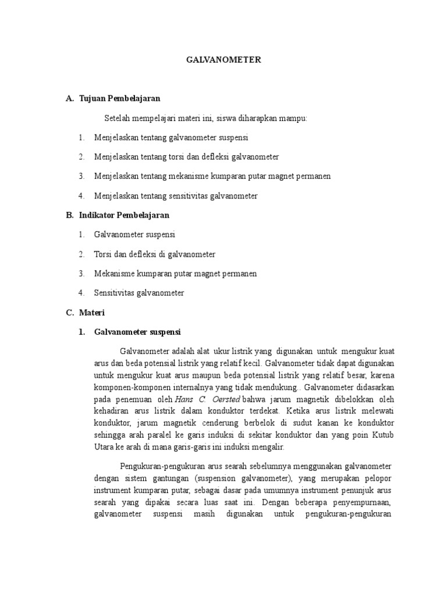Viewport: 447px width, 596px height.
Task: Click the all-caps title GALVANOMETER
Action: pyautogui.click(x=223, y=60)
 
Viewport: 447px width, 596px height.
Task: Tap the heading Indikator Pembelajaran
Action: pyautogui.click(x=124, y=215)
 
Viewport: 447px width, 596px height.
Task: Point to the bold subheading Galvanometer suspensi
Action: pyautogui.click(x=137, y=332)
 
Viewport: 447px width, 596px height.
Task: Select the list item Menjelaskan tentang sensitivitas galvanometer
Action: pyautogui.click(x=176, y=196)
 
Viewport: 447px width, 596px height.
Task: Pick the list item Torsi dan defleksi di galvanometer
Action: pyautogui.click(x=155, y=254)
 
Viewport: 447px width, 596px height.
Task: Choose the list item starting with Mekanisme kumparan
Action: pyautogui.click(x=176, y=274)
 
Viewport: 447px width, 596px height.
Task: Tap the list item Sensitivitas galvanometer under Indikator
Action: pyautogui.click(x=139, y=293)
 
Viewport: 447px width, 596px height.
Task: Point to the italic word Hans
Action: pyautogui.click(x=185, y=400)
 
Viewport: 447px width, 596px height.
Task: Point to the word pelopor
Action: pyautogui.click(x=379, y=478)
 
